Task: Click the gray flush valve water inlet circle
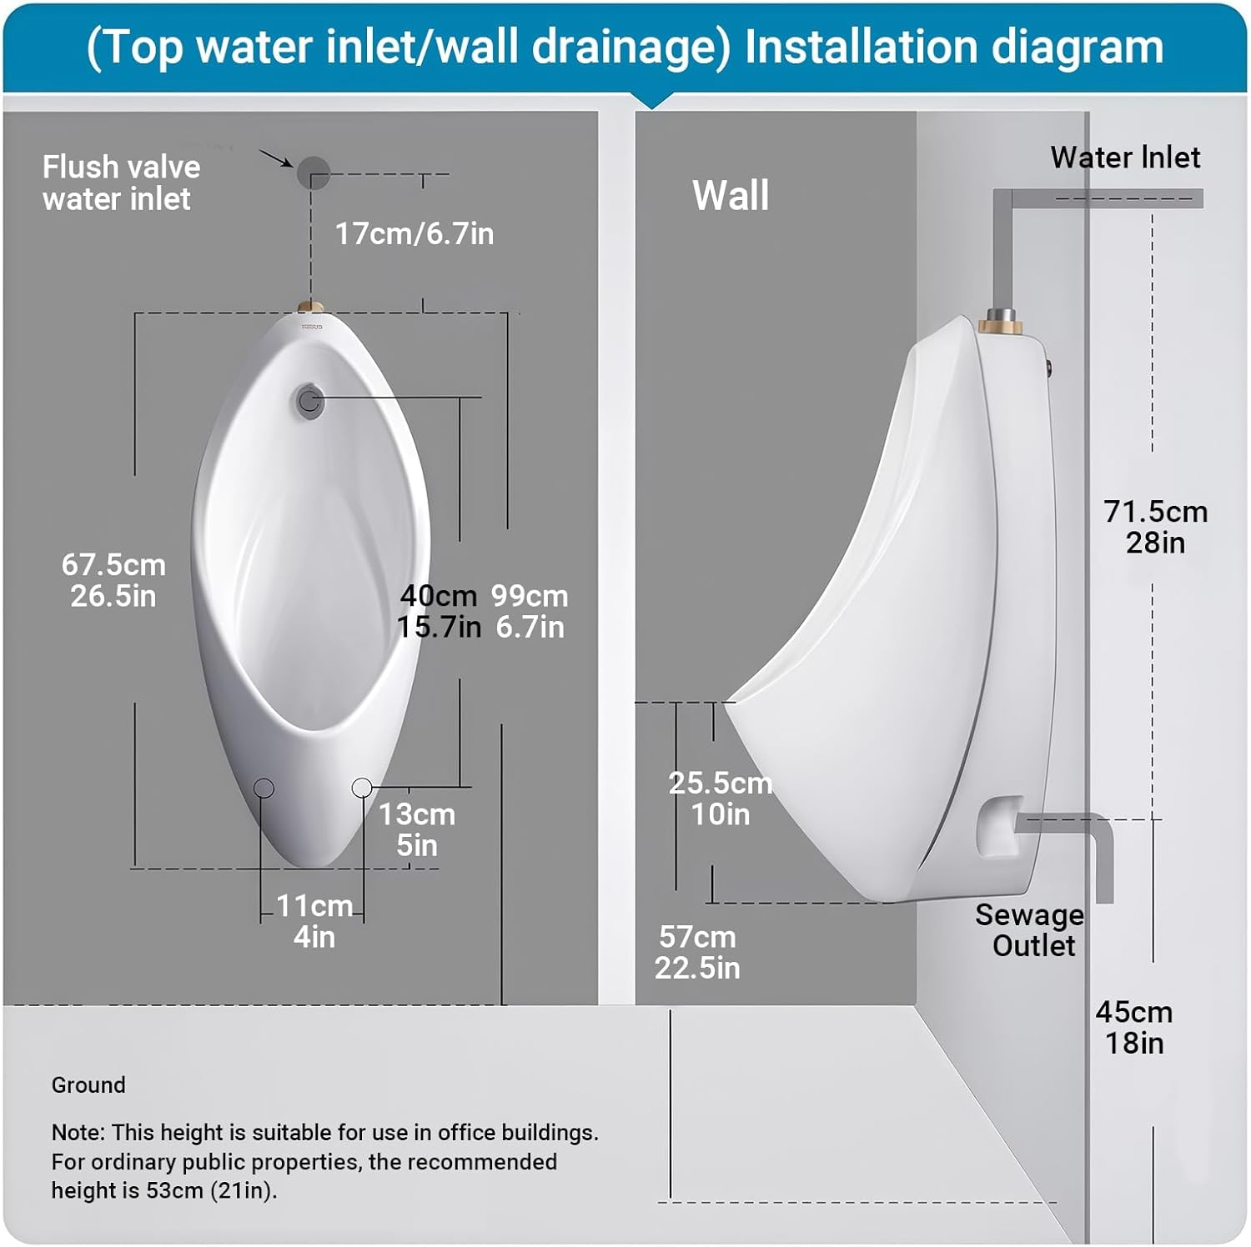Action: point(314,173)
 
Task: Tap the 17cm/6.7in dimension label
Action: point(414,234)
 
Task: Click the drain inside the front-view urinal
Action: point(309,401)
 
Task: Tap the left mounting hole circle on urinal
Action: point(264,788)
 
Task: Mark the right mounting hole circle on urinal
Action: point(362,787)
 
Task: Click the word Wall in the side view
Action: point(731,196)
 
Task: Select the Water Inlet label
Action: point(1125,158)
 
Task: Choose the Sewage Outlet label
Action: point(1031,930)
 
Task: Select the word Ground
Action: point(88,1085)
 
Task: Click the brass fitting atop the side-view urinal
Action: point(997,320)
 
